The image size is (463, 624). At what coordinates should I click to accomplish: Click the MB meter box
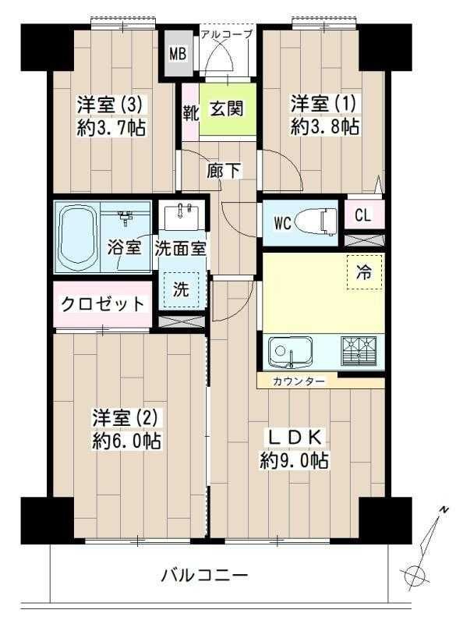[178, 54]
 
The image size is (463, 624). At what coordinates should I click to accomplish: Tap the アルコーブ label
[226, 34]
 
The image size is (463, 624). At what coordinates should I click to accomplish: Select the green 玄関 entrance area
[228, 109]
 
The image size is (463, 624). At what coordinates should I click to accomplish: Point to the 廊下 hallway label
[224, 171]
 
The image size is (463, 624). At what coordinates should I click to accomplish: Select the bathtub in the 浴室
[78, 237]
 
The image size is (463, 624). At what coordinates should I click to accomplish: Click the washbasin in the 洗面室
[182, 217]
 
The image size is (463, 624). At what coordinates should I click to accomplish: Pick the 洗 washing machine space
[182, 289]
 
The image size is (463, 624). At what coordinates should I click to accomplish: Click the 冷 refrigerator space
[364, 272]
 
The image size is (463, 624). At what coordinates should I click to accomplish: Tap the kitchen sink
[290, 352]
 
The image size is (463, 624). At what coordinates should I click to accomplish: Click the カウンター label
[299, 381]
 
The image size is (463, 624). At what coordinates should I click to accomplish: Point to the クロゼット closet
[103, 304]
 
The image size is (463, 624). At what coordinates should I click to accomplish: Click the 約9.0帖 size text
[294, 461]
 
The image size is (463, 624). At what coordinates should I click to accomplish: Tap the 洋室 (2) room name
[125, 418]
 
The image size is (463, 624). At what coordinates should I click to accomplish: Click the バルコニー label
[204, 575]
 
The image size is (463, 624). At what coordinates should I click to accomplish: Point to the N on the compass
[444, 510]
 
